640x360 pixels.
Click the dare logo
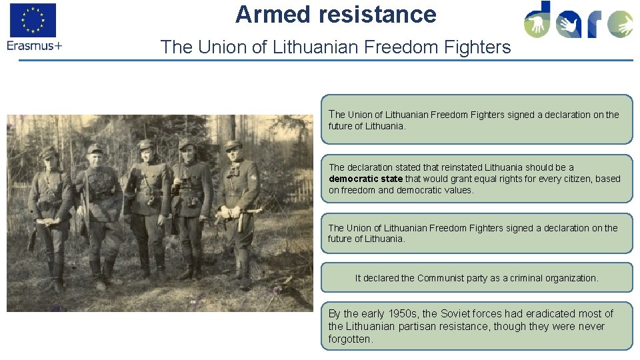(x=577, y=21)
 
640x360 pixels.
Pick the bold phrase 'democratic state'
(x=365, y=179)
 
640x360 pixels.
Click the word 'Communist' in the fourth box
(x=439, y=278)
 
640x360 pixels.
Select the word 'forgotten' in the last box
(x=349, y=339)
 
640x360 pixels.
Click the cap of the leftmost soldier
(x=48, y=153)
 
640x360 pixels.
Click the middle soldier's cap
(x=145, y=144)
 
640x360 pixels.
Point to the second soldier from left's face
(x=95, y=158)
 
